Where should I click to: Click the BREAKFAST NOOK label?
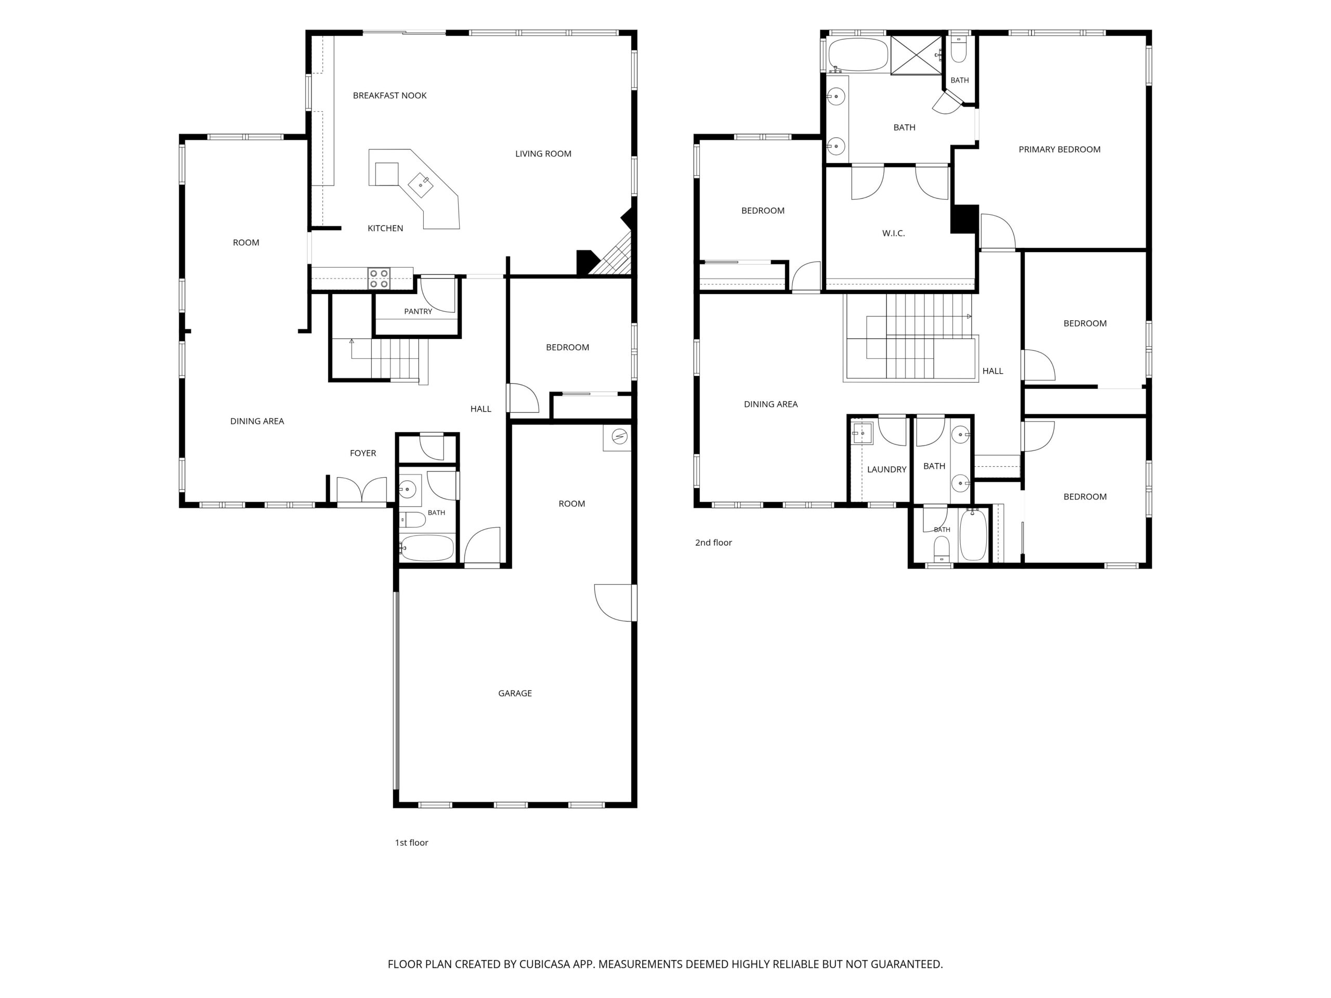[x=389, y=95]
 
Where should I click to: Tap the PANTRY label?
[x=418, y=311]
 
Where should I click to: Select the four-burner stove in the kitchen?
[x=379, y=279]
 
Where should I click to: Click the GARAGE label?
[x=515, y=693]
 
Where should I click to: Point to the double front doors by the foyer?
[x=362, y=490]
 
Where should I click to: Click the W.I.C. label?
[x=894, y=233]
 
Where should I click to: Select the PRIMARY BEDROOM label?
[x=1060, y=149]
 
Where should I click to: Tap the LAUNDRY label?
[x=887, y=469]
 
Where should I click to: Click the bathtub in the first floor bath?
[x=427, y=548]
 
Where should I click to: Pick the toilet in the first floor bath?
[x=412, y=520]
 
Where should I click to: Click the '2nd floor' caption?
[x=714, y=543]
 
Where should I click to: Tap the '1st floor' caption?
[x=412, y=843]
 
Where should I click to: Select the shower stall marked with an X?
[x=916, y=55]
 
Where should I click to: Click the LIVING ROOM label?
[x=543, y=153]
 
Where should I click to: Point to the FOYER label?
[x=363, y=453]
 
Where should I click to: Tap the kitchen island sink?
[x=421, y=185]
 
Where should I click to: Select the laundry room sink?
[x=862, y=433]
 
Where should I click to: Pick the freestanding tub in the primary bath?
[x=858, y=55]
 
